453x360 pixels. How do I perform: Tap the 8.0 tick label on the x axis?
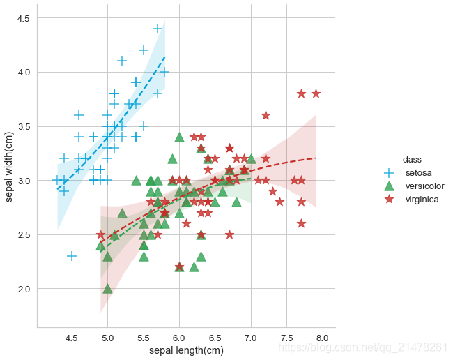pyautogui.click(x=322, y=338)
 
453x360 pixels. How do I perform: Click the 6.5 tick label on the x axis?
pyautogui.click(x=215, y=338)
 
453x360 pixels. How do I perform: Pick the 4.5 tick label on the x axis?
pyautogui.click(x=72, y=338)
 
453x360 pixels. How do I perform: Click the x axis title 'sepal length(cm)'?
pyautogui.click(x=186, y=350)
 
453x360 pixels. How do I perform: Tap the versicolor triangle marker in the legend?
pyautogui.click(x=390, y=186)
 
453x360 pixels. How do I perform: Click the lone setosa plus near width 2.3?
pyautogui.click(x=72, y=256)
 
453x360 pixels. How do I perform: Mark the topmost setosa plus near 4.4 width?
pyautogui.click(x=158, y=29)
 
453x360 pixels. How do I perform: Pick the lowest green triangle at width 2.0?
pyautogui.click(x=107, y=288)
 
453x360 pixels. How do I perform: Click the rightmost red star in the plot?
pyautogui.click(x=316, y=93)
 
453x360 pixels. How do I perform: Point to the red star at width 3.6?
pyautogui.click(x=266, y=115)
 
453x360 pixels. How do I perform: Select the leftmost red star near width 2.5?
pyautogui.click(x=100, y=234)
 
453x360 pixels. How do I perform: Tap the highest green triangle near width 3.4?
pyautogui.click(x=179, y=137)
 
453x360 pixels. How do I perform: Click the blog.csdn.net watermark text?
pyautogui.click(x=362, y=347)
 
